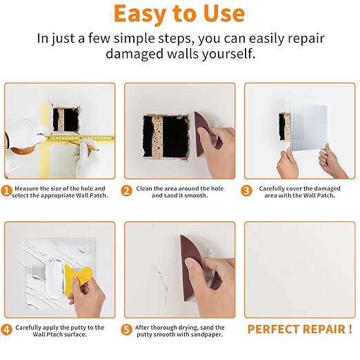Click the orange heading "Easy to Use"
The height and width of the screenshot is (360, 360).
(179, 14)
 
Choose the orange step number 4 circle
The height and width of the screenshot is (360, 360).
(7, 330)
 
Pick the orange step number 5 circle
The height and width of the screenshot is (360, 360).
(126, 330)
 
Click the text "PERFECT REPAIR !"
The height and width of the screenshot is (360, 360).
(299, 330)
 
